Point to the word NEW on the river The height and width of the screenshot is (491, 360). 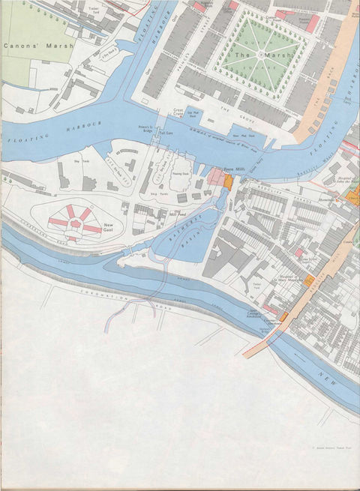(x=328, y=374)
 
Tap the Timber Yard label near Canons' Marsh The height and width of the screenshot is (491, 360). (x=93, y=10)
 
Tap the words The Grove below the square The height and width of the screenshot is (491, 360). (x=229, y=109)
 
